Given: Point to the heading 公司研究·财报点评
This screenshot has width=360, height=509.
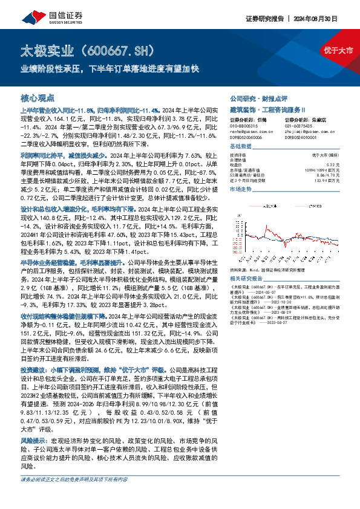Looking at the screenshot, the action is click(x=254, y=98).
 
